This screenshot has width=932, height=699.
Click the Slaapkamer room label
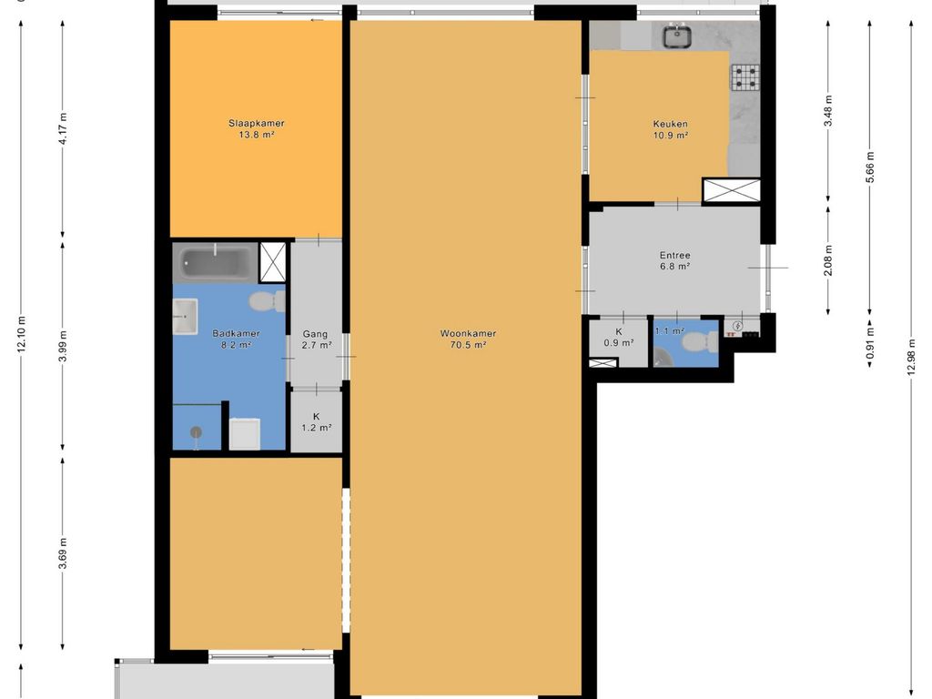pos(256,124)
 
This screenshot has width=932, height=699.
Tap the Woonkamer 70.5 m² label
pos(468,339)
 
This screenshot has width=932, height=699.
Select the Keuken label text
pos(671,124)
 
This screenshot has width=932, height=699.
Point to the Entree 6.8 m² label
pos(674,261)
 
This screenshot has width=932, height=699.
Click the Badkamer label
pos(236,333)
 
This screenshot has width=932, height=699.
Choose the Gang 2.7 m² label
pos(316,339)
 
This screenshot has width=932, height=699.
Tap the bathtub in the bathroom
pos(217,262)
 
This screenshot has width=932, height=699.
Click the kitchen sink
pos(677,35)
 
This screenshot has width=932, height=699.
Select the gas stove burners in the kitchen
pos(745,77)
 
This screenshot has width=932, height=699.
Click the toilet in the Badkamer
pos(267,301)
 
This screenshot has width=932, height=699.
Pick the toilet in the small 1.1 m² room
pos(700,342)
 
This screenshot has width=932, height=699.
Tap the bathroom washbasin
pos(185,316)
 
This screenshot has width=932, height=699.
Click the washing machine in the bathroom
pos(244,434)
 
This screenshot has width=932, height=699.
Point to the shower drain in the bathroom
pos(197,432)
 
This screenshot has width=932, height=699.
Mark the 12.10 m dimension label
pos(22,334)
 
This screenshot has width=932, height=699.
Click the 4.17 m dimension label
pos(63,127)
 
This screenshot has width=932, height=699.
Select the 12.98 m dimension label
pos(912,357)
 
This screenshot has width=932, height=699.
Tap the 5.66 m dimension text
pos(870,167)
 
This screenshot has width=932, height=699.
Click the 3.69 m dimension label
pos(63,552)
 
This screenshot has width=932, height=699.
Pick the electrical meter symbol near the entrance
pos(738,326)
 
